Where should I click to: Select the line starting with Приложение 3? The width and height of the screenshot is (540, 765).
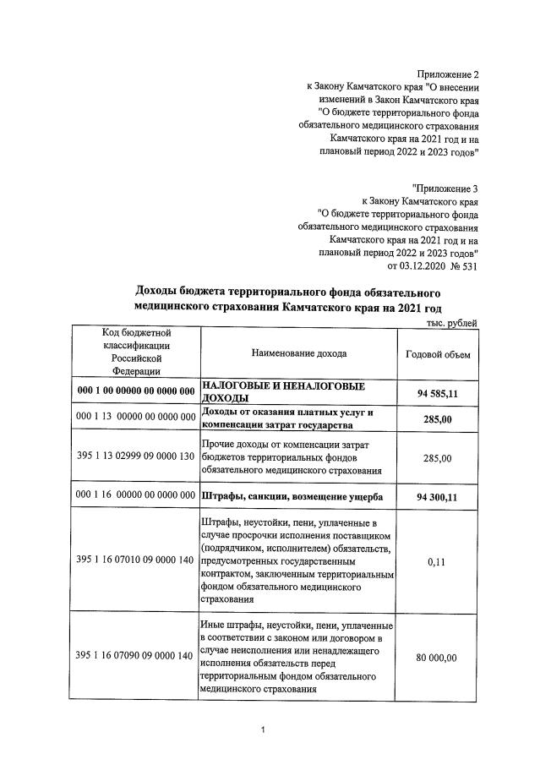pyautogui.click(x=445, y=187)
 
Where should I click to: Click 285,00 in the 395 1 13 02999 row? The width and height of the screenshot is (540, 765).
pyautogui.click(x=439, y=458)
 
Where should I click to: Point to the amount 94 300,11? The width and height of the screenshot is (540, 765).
pyautogui.click(x=439, y=497)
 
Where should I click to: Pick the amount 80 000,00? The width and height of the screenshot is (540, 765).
pyautogui.click(x=439, y=657)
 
